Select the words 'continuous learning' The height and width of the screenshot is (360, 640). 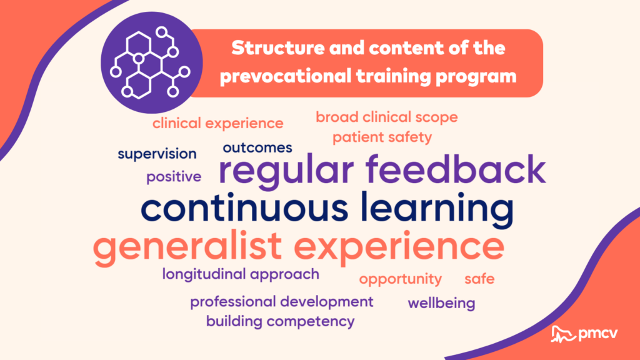click(327, 209)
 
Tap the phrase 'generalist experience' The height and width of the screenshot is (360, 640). click(299, 247)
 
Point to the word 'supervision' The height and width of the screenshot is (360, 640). click(157, 154)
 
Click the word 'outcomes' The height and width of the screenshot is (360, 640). click(257, 147)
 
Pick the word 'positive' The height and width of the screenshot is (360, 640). click(174, 177)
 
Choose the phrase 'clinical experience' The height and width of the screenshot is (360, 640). click(218, 123)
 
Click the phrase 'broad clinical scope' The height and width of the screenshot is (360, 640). click(386, 117)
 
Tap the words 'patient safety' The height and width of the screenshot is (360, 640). click(382, 137)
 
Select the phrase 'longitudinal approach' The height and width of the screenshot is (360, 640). click(241, 274)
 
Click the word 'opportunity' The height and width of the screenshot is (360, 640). click(401, 279)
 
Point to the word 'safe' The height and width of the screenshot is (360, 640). click(479, 279)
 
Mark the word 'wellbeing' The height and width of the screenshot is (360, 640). click(442, 303)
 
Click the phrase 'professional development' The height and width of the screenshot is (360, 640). click(282, 302)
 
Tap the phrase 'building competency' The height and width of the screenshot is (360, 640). click(281, 322)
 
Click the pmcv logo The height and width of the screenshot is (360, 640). click(584, 334)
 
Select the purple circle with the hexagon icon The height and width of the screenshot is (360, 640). click(152, 62)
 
